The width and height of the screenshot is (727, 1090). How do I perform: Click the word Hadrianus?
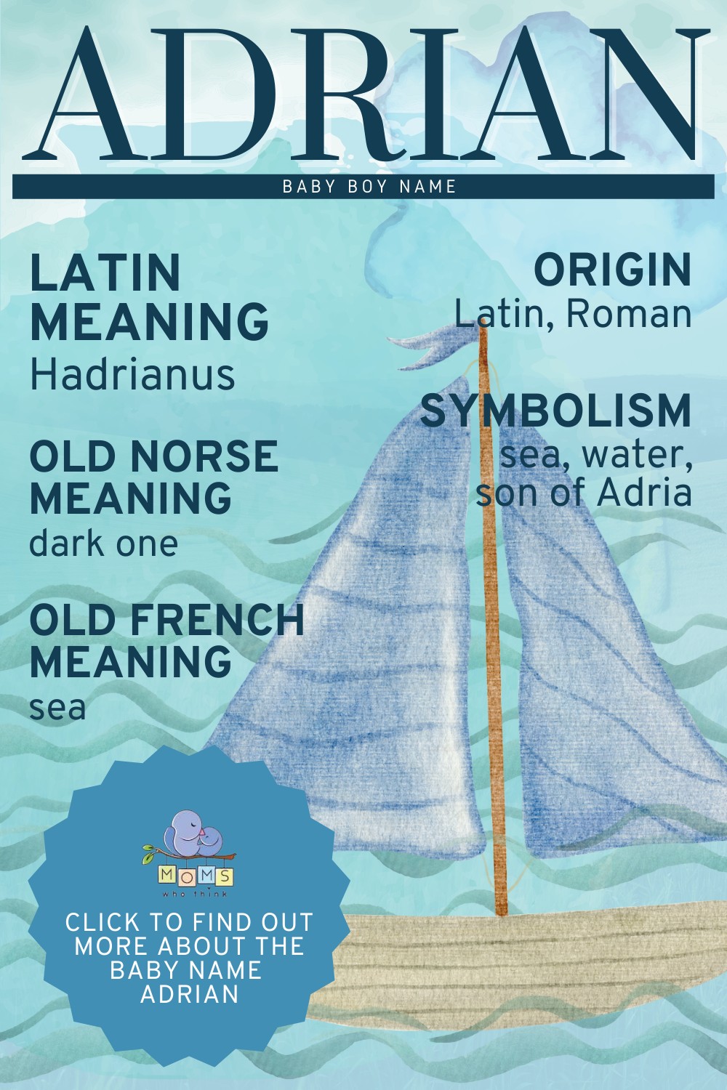click(x=132, y=376)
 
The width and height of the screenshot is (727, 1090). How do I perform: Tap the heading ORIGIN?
click(x=612, y=270)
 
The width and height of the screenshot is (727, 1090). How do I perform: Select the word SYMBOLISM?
click(x=556, y=411)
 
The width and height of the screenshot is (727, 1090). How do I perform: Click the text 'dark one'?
click(x=103, y=543)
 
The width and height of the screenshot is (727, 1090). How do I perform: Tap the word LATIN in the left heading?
click(x=105, y=272)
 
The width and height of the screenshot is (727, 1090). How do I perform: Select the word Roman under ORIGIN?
click(x=628, y=314)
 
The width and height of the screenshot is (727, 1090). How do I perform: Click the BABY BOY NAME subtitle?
click(x=369, y=187)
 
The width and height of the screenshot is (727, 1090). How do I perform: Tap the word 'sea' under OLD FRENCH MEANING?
click(x=57, y=708)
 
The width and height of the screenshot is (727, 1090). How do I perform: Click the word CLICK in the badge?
click(x=103, y=922)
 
